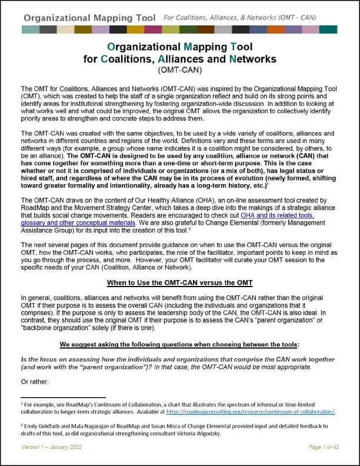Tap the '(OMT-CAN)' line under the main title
[x=179, y=69]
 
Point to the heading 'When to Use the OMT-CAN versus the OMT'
[x=179, y=282]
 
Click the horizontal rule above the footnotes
[x=63, y=398]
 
